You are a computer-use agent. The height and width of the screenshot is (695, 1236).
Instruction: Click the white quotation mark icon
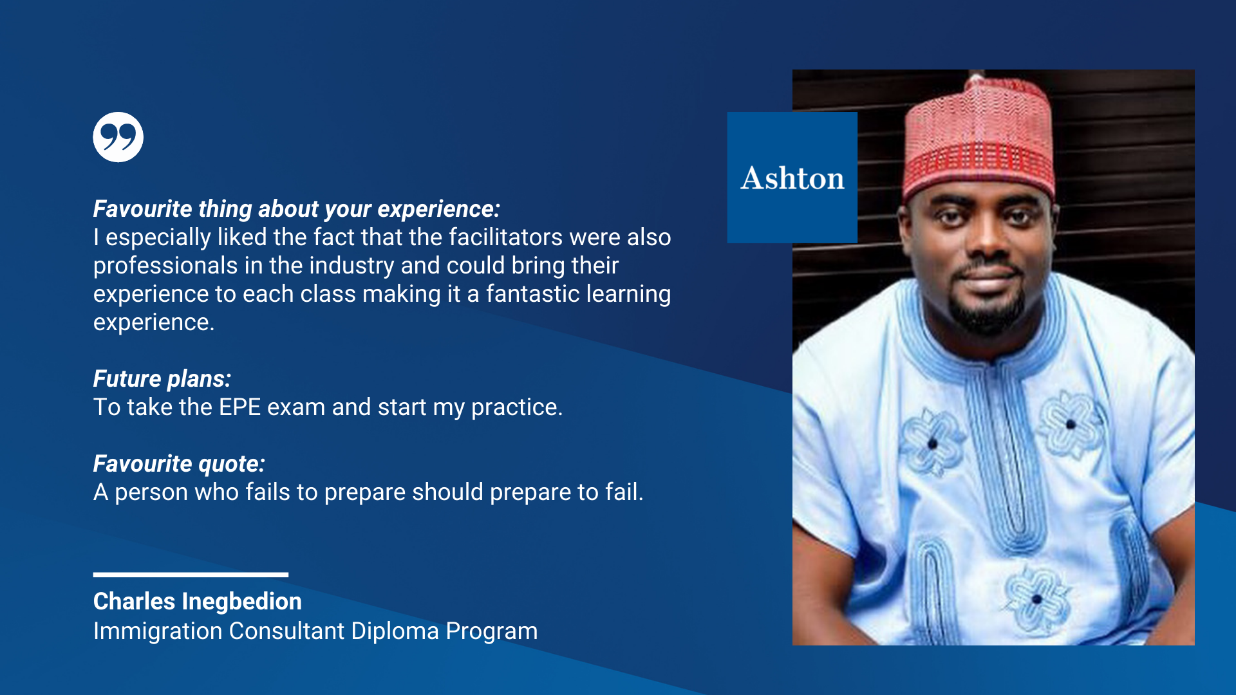pos(118,137)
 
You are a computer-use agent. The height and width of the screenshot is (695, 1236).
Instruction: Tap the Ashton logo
pos(792,178)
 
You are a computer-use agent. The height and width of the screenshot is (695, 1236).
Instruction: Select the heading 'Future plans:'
pos(162,379)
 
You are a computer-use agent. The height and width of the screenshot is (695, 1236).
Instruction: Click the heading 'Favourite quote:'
pos(179,464)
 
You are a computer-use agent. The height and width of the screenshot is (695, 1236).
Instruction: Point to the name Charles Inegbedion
pos(198,601)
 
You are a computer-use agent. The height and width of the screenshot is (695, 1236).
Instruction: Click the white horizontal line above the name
pos(191,575)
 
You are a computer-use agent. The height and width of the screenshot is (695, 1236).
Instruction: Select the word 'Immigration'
pos(158,631)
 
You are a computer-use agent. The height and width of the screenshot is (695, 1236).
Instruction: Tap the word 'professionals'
pos(165,266)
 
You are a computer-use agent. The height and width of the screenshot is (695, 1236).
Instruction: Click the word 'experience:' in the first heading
pos(439,210)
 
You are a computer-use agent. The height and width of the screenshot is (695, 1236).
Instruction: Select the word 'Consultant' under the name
pos(286,631)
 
